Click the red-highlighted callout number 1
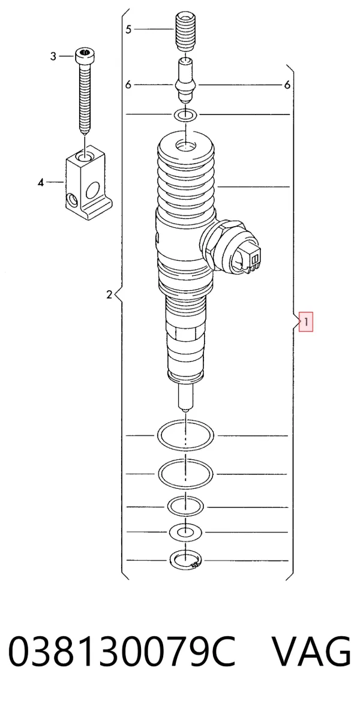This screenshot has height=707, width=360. coord(305,322)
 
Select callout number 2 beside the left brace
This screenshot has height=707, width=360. coord(109,295)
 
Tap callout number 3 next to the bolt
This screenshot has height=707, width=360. coord(53,56)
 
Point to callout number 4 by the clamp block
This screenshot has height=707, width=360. coord(41,182)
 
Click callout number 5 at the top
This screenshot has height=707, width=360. coord(128,29)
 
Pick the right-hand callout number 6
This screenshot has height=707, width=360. coord(287,85)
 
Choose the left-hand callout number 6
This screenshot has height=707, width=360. coord(128,85)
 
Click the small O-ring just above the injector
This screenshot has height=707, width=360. coord(185,115)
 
